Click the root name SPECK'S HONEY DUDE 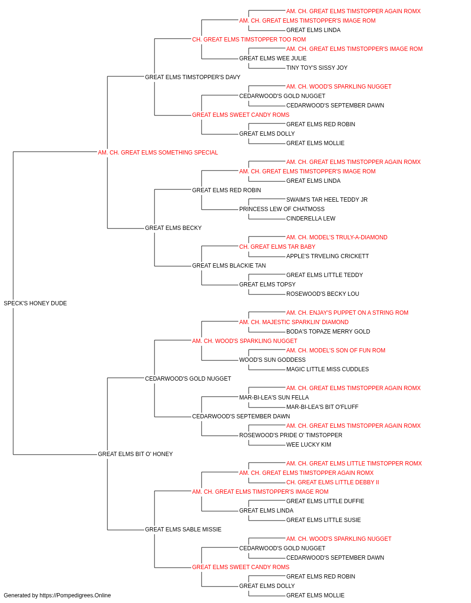coord(35,303)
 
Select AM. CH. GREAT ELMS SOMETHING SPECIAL coord(158,153)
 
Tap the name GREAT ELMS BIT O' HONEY coord(135,454)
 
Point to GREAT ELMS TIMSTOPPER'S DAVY coord(193,77)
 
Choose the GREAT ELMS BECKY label coord(173,228)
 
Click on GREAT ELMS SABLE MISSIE coord(183,530)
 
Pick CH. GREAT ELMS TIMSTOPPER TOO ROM coord(249,40)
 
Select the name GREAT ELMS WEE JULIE coord(273,58)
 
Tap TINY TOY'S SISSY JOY coord(317,68)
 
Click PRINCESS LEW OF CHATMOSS coord(282,209)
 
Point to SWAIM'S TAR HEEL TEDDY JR coord(327,200)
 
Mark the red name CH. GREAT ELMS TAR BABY coord(277,247)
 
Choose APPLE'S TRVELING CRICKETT coord(327,256)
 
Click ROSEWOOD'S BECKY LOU coord(323,294)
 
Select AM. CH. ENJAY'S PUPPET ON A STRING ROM coord(347,313)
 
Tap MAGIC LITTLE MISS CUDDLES coord(327,369)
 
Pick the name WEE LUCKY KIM coord(309,445)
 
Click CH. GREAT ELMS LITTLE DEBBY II coord(333,482)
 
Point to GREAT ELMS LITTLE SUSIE coord(324,520)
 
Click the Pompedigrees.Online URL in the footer coord(75,595)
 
